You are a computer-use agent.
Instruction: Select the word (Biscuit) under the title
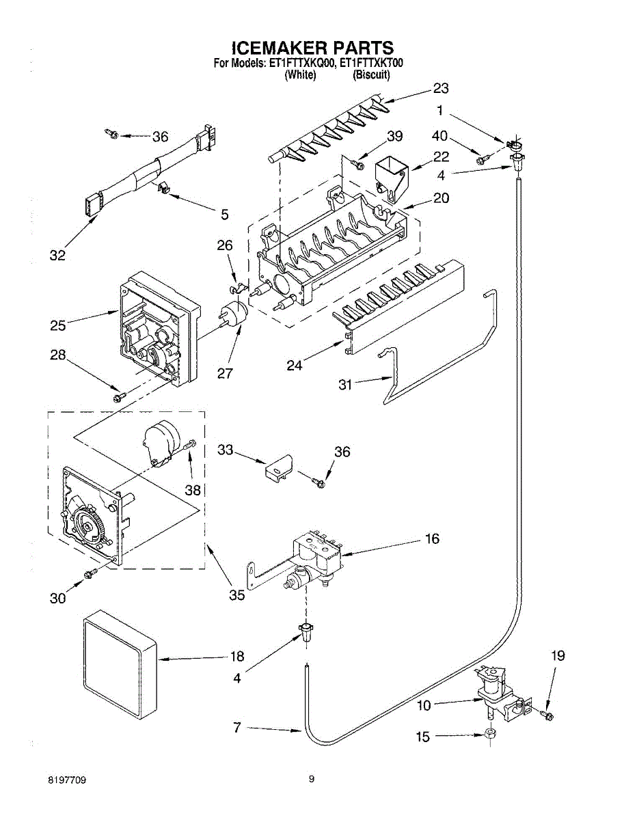coord(371,75)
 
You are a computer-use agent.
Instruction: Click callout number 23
coord(441,89)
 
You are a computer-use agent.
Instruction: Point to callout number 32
coord(57,256)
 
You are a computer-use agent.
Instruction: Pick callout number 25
coord(58,325)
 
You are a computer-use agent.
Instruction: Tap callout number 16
coord(433,538)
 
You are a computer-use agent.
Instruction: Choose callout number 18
coord(237,656)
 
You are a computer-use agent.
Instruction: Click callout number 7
coord(237,727)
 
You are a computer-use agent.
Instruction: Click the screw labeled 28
coord(120,398)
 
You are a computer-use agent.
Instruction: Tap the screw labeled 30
coord(91,573)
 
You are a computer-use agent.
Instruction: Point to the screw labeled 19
coord(546,715)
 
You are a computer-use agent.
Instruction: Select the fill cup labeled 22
coord(392,179)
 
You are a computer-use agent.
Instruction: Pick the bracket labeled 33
coord(279,467)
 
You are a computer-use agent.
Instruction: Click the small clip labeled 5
coord(162,187)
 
